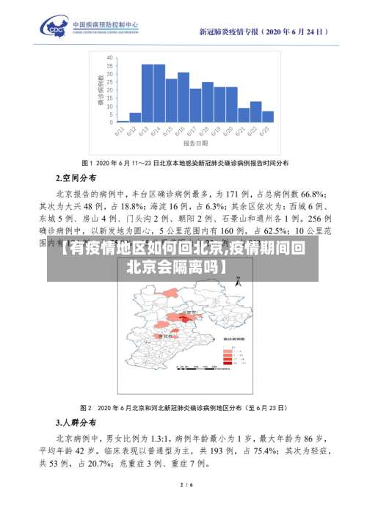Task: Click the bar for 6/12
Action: point(135,117)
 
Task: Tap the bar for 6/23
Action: point(268,116)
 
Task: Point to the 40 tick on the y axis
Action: point(109,56)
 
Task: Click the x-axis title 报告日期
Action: point(197,145)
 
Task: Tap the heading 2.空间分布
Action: point(76,178)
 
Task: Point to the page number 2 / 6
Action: point(186,485)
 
